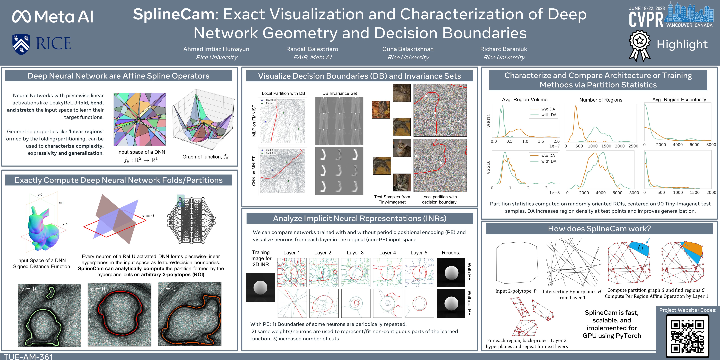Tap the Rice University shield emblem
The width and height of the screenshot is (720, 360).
[x=21, y=44]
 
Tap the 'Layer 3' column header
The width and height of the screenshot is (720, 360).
[x=355, y=253]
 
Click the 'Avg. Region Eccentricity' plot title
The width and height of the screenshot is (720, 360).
[x=679, y=100]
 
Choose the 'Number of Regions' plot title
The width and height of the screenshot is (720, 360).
[x=601, y=100]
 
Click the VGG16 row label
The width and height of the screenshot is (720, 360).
[x=488, y=167]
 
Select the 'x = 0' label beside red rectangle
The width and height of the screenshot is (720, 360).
[x=148, y=215]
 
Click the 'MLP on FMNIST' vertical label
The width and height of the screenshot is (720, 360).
[x=254, y=121]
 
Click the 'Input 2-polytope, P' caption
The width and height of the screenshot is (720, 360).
[x=516, y=291]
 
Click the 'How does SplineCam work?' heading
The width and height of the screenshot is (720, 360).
[x=599, y=229]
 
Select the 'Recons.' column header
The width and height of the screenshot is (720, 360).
[x=451, y=253]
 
